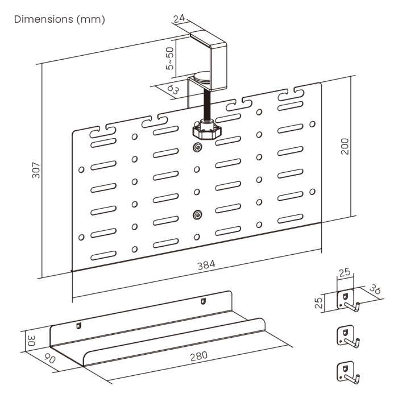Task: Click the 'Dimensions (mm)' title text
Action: click(60, 19)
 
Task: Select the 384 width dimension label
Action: click(206, 266)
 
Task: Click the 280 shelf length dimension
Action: click(198, 356)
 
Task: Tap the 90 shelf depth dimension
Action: click(50, 359)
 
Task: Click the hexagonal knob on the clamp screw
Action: click(205, 131)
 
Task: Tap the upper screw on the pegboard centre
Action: click(197, 148)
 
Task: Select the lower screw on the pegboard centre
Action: click(197, 214)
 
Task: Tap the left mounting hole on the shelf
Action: click(79, 326)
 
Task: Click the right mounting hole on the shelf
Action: click(202, 301)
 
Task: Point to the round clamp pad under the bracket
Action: click(201, 74)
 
